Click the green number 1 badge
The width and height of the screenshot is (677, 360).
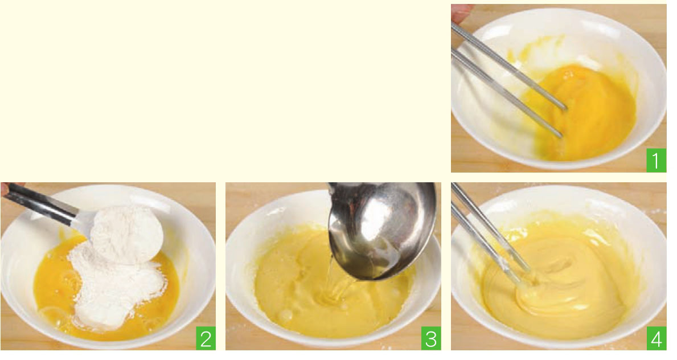pos(656,160)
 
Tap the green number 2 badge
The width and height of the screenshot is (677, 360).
pos(206,338)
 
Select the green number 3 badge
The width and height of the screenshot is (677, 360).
pos(431,338)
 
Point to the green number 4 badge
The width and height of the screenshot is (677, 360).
pos(657,338)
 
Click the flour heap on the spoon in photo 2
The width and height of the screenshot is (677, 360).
pos(127,234)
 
